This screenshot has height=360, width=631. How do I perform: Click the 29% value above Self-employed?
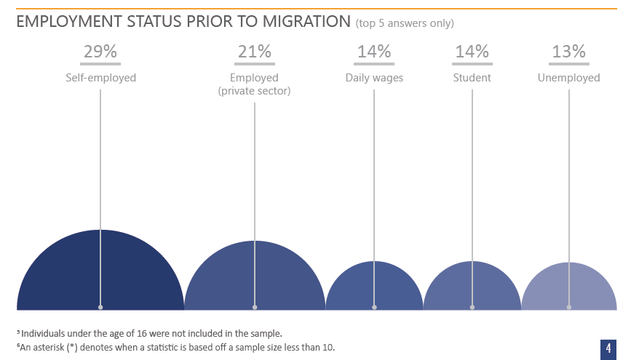pos(100,52)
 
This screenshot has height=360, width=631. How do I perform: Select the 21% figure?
pos(255,52)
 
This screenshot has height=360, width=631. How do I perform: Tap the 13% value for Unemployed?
pos(568,52)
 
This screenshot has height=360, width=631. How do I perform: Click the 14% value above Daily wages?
pos(374,52)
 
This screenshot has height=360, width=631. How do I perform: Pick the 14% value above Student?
pos(472,52)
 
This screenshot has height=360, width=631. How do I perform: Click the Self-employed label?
pos(100,78)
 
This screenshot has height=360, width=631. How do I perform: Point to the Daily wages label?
pos(374,78)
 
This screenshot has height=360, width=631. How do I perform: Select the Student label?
pos(472,78)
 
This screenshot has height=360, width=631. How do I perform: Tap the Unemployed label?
pos(568,78)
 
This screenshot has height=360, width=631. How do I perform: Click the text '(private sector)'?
pos(255,91)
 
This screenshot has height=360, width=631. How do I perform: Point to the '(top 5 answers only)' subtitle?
pos(405,23)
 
